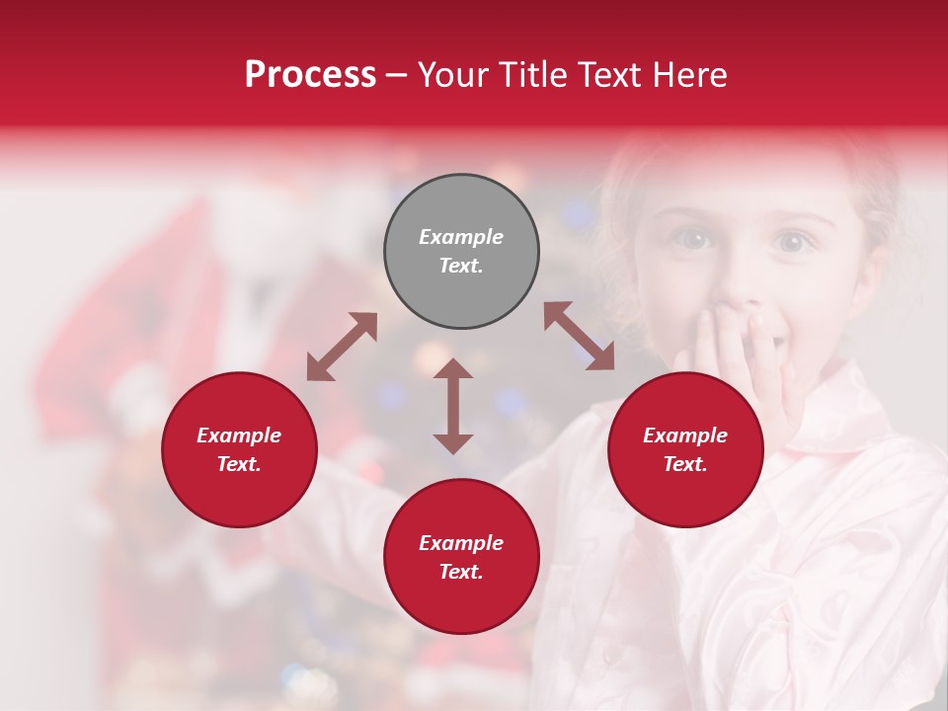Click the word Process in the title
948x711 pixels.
pyautogui.click(x=310, y=75)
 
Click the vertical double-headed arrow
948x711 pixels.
pyautogui.click(x=453, y=407)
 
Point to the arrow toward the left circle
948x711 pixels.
pyautogui.click(x=342, y=347)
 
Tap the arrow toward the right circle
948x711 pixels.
pyautogui.click(x=580, y=336)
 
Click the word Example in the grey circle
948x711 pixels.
pyautogui.click(x=461, y=237)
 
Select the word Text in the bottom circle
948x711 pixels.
pyautogui.click(x=460, y=572)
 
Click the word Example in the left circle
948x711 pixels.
pyautogui.click(x=239, y=435)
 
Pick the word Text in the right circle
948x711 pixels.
pyautogui.click(x=684, y=464)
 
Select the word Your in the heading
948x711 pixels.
pyautogui.click(x=449, y=75)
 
